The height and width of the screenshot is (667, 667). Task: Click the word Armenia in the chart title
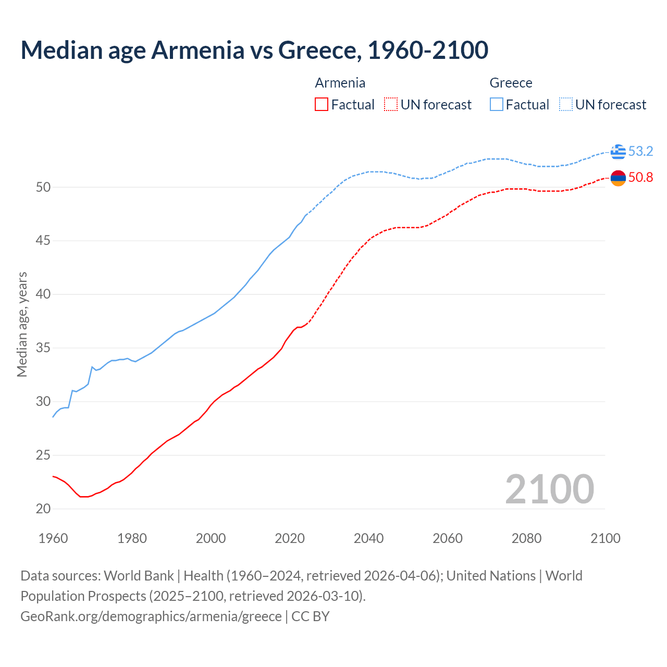pos(197,50)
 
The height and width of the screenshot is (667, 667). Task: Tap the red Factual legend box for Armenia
pos(322,105)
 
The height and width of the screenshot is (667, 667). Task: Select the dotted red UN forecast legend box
pos(391,105)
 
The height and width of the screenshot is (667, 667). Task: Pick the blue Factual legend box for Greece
pos(497,105)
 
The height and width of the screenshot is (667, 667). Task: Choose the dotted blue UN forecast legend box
pos(566,105)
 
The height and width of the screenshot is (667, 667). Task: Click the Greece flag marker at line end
pos(618,152)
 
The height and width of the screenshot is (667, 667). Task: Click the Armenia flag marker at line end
pos(618,178)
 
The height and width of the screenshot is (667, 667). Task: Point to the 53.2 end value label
pos(640,152)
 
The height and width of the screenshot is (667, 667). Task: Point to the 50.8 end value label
pos(640,178)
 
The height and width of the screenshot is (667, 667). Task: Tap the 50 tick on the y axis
pos(43,187)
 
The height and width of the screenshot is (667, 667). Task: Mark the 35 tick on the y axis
pos(43,348)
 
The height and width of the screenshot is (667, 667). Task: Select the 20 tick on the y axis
pos(43,509)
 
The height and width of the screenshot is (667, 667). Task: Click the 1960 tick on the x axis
pos(53,538)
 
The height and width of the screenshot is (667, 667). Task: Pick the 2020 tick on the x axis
pos(290,538)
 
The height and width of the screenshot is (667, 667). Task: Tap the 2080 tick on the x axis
pos(526,538)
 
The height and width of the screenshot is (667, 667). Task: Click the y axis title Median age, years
pos(22,324)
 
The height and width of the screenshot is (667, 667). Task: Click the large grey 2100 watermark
pos(549,489)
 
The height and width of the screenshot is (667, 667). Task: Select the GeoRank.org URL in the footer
pos(151,616)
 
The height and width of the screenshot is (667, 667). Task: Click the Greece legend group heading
pos(511,83)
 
